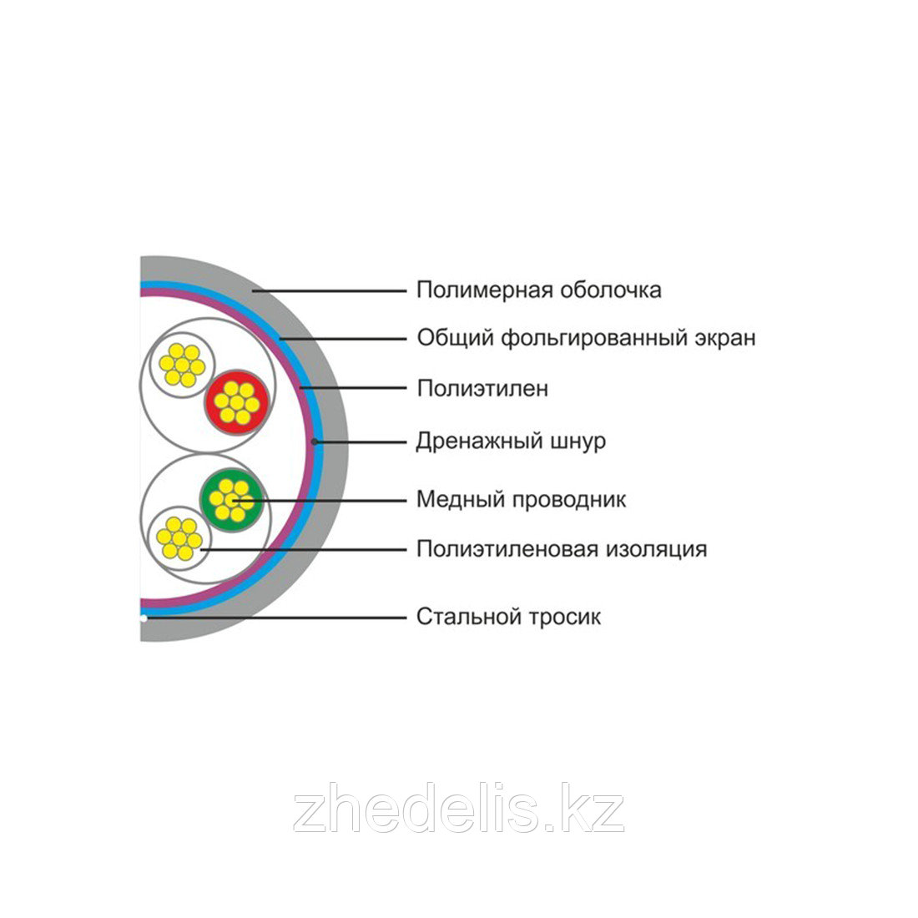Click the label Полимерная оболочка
click(x=538, y=290)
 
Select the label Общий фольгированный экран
click(x=586, y=339)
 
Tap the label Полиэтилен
click(x=482, y=389)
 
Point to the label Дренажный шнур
click(x=511, y=441)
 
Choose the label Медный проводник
click(x=521, y=500)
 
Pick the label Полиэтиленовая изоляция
click(x=561, y=549)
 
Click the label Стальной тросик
click(x=508, y=618)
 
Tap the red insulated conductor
click(x=236, y=401)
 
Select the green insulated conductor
click(x=231, y=499)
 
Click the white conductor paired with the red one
click(x=182, y=365)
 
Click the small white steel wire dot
click(x=144, y=618)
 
